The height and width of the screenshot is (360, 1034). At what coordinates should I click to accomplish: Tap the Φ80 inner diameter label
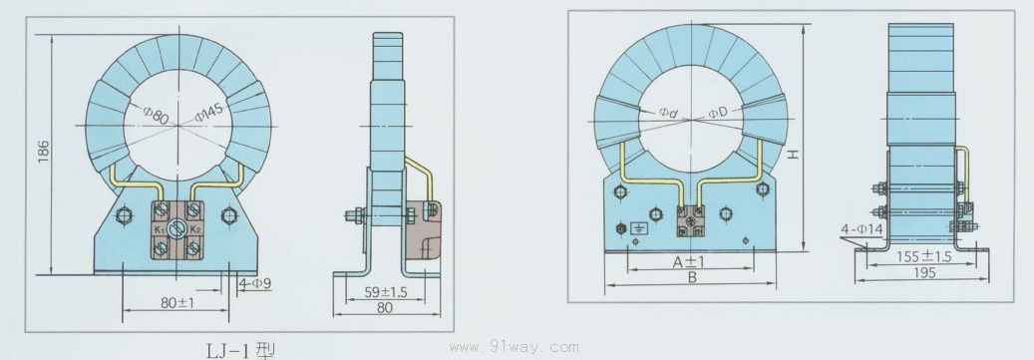(157, 115)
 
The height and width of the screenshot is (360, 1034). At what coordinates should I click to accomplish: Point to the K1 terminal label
(160, 229)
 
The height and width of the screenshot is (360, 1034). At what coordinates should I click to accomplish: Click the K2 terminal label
(194, 229)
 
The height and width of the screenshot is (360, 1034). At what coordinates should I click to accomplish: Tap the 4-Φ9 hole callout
(254, 285)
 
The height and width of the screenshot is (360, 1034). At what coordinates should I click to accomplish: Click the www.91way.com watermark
(514, 347)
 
